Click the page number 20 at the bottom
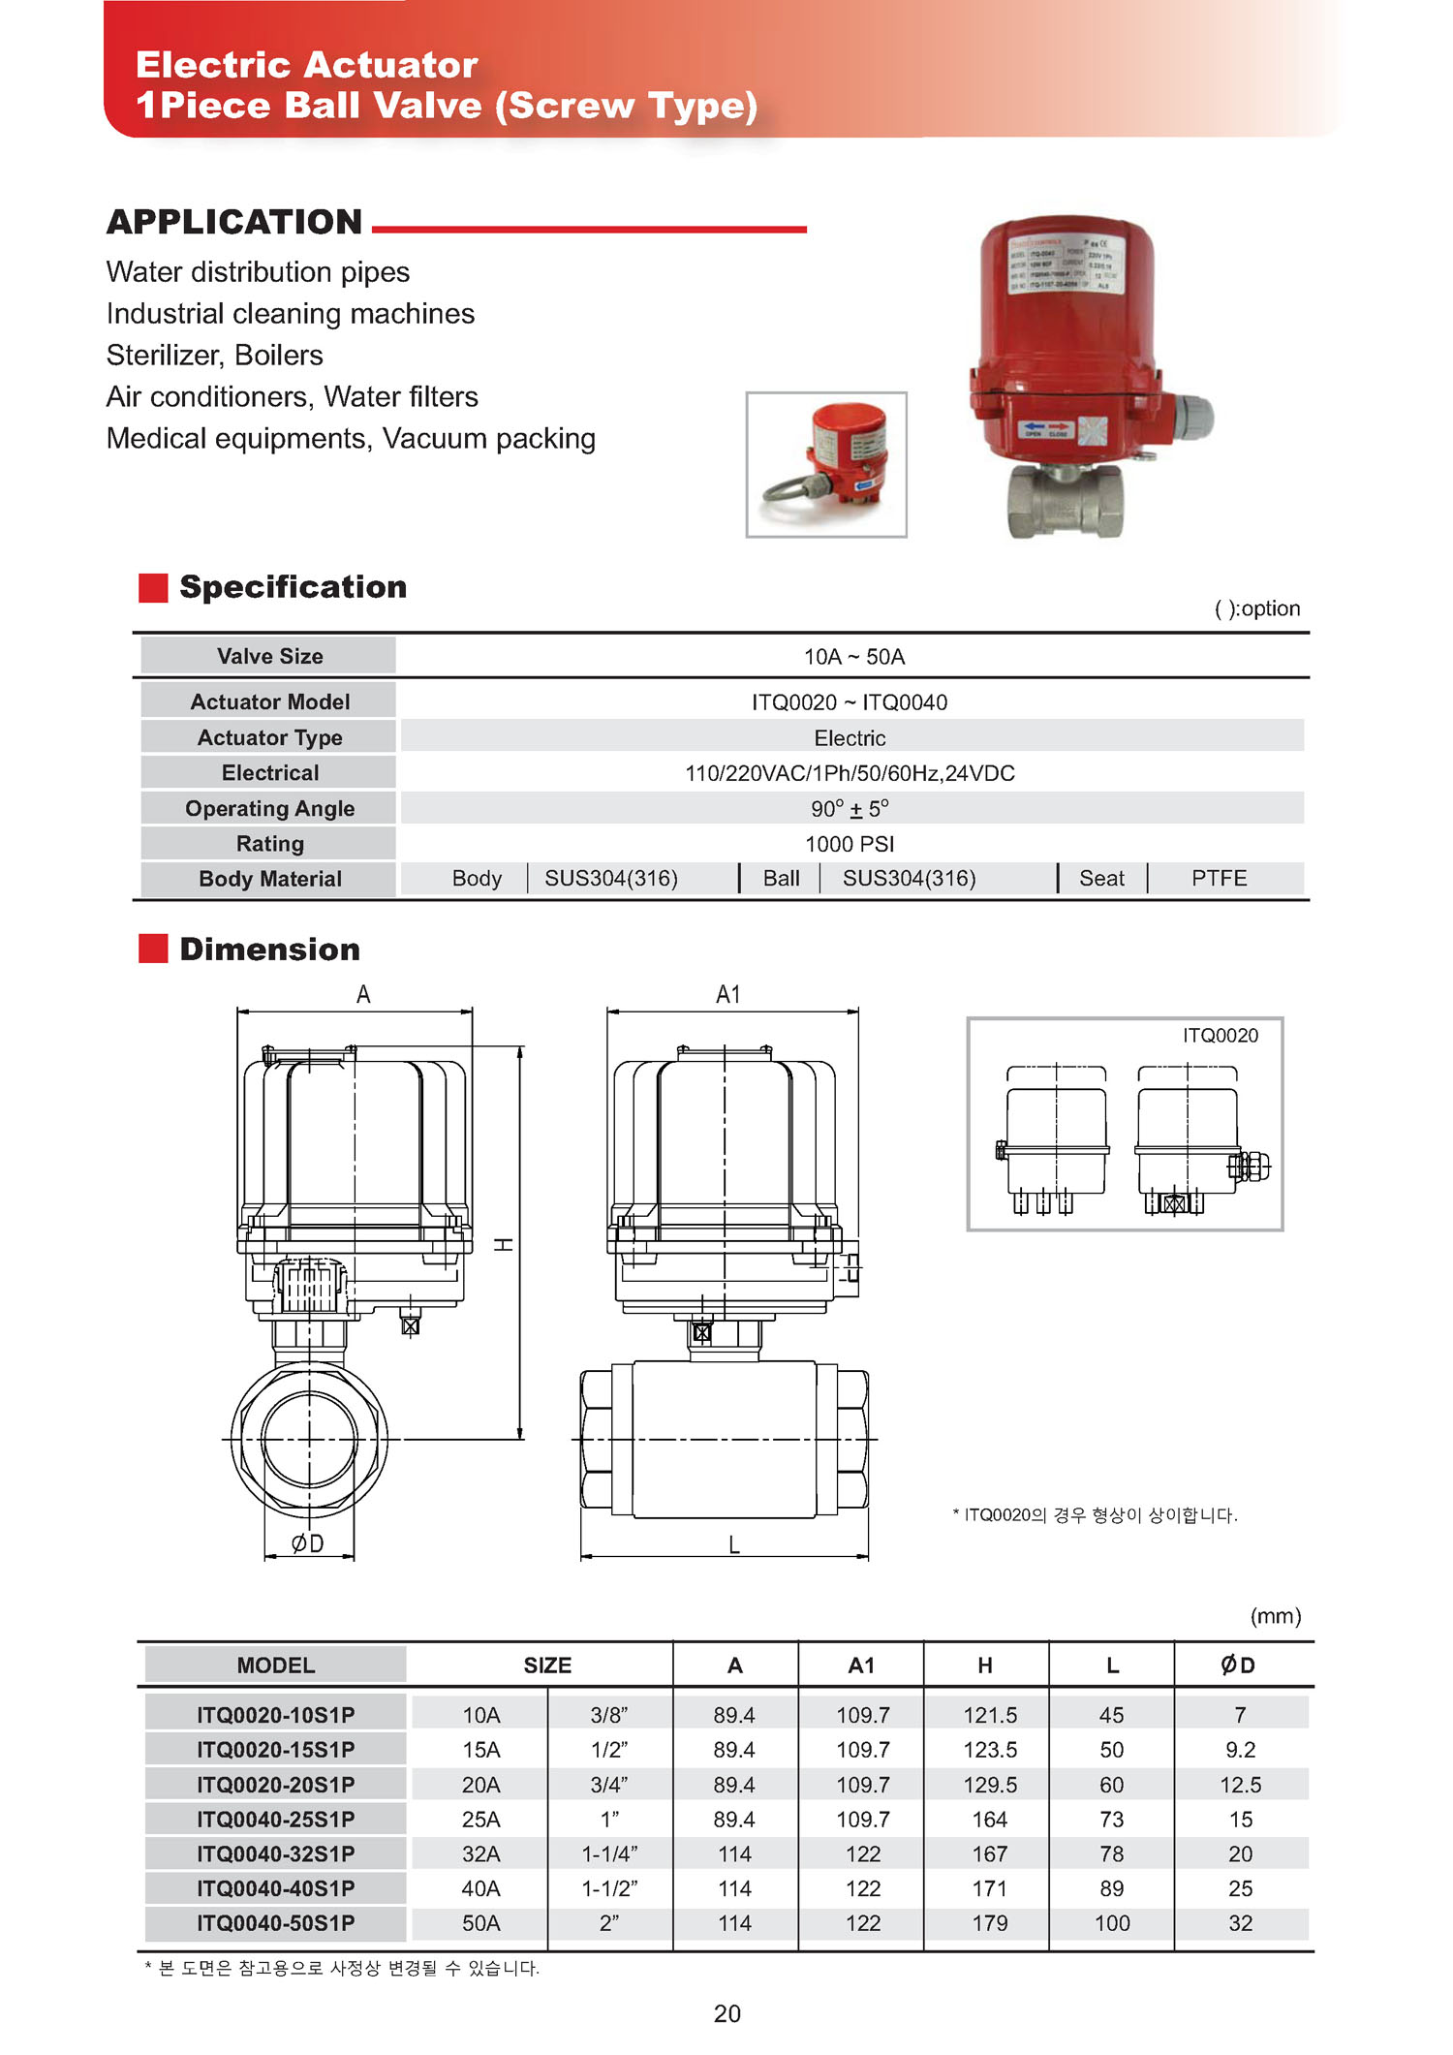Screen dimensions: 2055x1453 [x=726, y=2013]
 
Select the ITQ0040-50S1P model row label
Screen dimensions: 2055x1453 [x=275, y=1923]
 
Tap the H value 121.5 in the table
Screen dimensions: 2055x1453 [x=989, y=1715]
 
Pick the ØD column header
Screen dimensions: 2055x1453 [x=1238, y=1666]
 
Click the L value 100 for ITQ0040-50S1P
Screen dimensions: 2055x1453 [x=1112, y=1923]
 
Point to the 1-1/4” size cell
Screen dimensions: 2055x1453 [x=609, y=1853]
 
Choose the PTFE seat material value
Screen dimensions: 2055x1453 [x=1219, y=879]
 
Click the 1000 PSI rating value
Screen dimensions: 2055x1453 [x=850, y=844]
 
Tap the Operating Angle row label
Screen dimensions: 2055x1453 [x=269, y=808]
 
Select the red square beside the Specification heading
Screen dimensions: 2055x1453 [x=153, y=588]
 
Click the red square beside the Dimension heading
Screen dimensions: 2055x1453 [x=153, y=949]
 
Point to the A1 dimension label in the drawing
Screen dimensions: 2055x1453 [x=727, y=995]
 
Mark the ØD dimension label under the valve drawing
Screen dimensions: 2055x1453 [x=308, y=1543]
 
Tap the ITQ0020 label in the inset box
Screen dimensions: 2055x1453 [x=1220, y=1036]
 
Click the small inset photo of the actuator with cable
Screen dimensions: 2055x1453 [x=826, y=464]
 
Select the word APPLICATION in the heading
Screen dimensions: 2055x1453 [x=234, y=222]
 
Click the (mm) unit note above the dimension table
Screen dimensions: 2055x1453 [x=1275, y=1616]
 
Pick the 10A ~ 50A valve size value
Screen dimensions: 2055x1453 [x=853, y=657]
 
